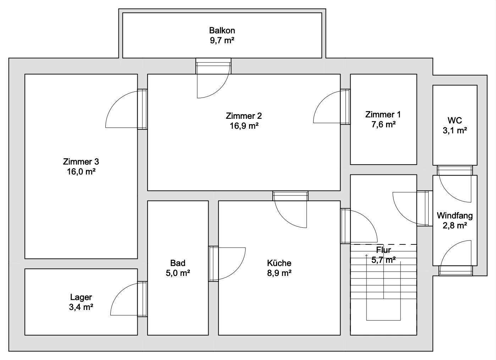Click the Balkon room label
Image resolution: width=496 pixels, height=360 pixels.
[x=222, y=31]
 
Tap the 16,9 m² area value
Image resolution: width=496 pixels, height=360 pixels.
[x=244, y=126]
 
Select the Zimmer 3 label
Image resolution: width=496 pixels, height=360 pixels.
[x=81, y=162]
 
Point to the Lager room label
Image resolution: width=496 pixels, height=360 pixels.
[x=81, y=297]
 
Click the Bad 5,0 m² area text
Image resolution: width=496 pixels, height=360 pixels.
[x=178, y=273]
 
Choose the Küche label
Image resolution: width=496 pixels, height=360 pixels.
[x=279, y=263]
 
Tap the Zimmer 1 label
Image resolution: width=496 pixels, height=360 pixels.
[x=383, y=115]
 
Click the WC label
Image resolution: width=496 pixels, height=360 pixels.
[x=454, y=121]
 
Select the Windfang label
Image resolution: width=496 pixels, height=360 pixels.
[x=454, y=215]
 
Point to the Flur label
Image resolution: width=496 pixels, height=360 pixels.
[x=384, y=250]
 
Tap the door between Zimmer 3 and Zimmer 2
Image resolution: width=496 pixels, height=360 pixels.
[x=126, y=109]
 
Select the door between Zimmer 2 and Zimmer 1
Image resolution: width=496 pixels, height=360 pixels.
[x=331, y=107]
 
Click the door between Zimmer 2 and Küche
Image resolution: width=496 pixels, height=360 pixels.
[x=290, y=210]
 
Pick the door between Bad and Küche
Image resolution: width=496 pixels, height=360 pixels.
[x=227, y=264]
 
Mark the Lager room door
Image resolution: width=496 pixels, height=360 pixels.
[x=129, y=299]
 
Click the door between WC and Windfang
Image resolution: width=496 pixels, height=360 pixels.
[x=455, y=184]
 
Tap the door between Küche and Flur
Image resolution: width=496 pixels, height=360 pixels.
[x=359, y=226]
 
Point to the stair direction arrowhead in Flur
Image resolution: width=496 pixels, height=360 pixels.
[x=367, y=255]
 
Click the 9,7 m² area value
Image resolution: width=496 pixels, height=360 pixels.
[x=222, y=40]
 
